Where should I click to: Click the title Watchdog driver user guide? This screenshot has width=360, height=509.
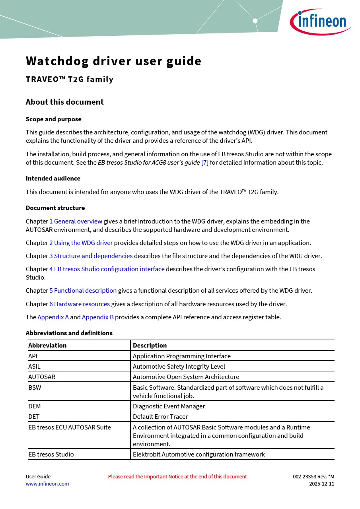113,61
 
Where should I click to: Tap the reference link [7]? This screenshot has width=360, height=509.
204,162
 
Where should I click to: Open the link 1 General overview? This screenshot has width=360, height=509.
76,221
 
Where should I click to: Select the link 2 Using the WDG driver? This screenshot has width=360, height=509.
81,243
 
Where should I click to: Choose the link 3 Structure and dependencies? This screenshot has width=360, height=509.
91,256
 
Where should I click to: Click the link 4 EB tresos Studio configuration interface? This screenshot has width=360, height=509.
107,269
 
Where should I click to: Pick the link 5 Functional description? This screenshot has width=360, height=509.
83,290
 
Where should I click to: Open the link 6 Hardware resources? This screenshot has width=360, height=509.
79,304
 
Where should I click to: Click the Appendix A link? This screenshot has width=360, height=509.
53,317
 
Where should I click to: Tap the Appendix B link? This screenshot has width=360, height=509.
97,317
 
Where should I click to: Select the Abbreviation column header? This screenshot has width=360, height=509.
47,345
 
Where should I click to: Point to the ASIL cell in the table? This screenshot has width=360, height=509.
34,366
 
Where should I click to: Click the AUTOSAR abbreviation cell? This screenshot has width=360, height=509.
41,377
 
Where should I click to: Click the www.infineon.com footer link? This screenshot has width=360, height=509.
47,484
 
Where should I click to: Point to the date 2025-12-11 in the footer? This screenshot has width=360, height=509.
321,484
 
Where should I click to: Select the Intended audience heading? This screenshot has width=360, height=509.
53,178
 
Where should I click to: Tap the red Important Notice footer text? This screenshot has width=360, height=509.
177,476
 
